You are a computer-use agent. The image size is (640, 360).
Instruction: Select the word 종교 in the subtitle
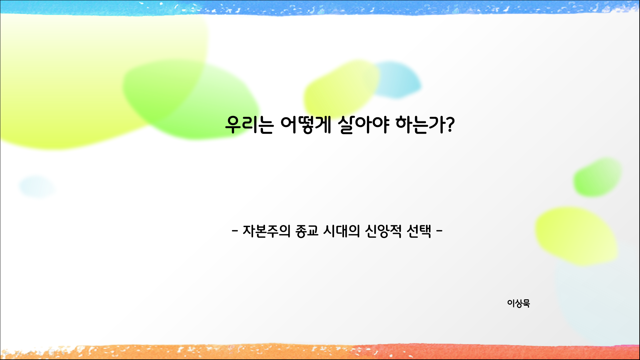point(307,231)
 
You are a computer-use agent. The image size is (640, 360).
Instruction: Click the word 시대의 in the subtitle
point(342,231)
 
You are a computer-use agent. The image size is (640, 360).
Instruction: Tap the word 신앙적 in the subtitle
point(383,231)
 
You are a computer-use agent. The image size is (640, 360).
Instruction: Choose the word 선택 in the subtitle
point(419,231)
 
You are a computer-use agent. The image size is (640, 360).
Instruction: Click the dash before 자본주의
point(235,230)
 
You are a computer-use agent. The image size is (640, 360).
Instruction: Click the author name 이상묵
point(518,303)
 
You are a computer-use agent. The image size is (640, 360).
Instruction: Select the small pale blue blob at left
point(37,187)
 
